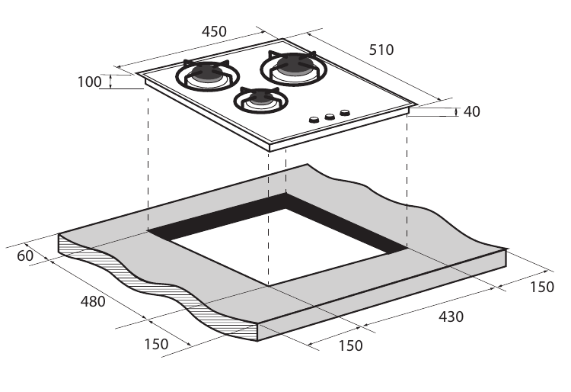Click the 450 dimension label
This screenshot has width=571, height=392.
214,32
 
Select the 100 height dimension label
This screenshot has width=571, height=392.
89,82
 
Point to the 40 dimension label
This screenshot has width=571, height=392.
471,111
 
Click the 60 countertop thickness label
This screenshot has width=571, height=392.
25,256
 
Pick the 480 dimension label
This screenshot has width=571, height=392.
93,301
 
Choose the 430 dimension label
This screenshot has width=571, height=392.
451,316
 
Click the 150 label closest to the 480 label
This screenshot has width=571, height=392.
155,344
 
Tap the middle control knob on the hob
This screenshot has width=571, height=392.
330,117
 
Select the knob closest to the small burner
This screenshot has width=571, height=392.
313,120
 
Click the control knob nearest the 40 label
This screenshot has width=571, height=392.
345,113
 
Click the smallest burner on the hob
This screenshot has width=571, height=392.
260,98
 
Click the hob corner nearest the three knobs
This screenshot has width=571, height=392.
415,105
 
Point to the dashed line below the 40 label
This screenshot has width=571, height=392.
407,183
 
